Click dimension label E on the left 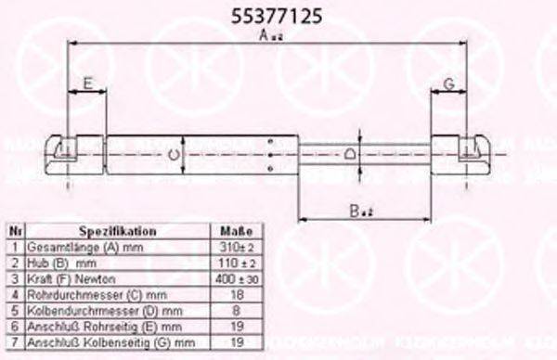pos(87,84)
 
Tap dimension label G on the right pos(447,84)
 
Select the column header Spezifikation pos(117,231)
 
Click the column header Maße pos(231,231)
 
